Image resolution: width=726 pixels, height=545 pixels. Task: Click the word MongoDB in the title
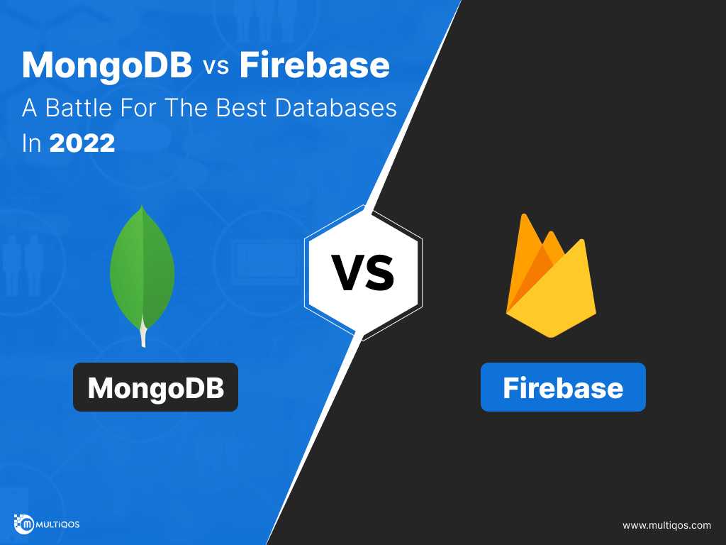point(107,65)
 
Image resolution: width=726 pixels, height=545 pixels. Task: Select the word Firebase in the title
point(314,65)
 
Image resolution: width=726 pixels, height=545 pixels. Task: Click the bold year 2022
point(82,143)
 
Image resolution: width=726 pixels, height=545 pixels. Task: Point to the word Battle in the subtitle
point(79,108)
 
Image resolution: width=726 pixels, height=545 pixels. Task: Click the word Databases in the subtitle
point(335,108)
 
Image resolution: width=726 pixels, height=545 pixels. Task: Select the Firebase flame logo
point(550,276)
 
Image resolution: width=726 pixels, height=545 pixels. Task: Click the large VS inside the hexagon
point(364,273)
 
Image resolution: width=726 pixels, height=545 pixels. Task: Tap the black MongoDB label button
point(155,387)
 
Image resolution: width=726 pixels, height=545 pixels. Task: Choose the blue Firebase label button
point(563,387)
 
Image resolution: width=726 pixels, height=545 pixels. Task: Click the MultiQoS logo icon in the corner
point(24,524)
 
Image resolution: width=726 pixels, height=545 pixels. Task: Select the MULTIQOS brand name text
point(58,524)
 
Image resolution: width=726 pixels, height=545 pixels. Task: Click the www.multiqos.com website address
point(666,526)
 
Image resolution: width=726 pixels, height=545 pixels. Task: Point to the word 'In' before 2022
point(31,143)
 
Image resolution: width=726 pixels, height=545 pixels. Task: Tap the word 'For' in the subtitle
point(139,108)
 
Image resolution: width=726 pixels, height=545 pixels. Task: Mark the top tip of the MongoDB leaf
point(142,206)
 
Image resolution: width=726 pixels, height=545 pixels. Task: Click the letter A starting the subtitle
point(30,108)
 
